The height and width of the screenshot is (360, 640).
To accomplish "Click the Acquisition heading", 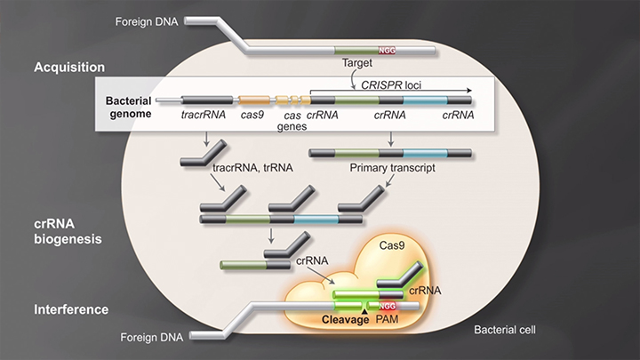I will pos(68,68).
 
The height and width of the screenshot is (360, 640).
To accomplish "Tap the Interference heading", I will pos(71,309).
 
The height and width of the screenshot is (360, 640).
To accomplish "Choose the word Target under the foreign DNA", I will pos(356,64).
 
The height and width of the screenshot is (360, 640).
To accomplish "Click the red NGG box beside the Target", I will pos(388,51).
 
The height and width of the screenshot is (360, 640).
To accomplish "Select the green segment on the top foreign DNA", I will pos(356,51).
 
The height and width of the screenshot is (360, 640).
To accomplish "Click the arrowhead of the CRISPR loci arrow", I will pos(468,90).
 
